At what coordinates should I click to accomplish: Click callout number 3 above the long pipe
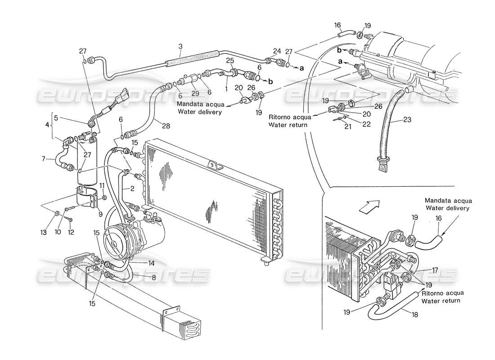click(x=180, y=46)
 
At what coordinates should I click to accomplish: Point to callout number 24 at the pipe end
click(x=276, y=50)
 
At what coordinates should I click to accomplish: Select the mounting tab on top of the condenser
click(x=214, y=165)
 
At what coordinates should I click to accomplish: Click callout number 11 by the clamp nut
click(x=102, y=185)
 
